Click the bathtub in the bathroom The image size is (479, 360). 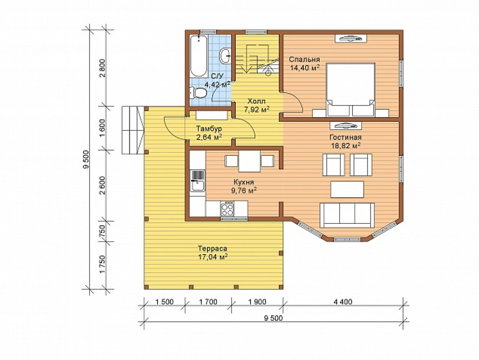(199, 56)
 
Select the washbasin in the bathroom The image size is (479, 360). (226, 55)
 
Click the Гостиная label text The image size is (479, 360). (345, 137)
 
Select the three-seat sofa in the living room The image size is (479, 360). (347, 215)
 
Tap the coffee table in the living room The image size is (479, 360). (347, 189)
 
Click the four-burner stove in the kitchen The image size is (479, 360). (227, 209)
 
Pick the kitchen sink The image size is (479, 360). (197, 181)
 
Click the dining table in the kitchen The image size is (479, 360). (250, 161)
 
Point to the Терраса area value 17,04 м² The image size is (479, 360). (213, 257)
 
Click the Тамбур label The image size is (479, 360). (209, 128)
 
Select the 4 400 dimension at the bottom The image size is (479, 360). (343, 302)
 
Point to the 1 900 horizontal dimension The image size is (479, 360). (257, 302)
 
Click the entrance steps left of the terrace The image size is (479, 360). (133, 130)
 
